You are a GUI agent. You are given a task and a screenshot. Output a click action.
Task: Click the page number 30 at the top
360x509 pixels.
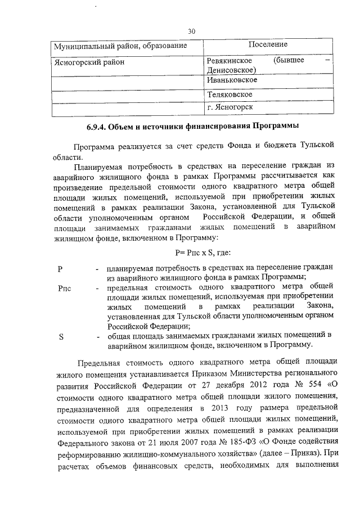(192, 32)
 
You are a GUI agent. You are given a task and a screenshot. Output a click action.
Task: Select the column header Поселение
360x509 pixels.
(268, 44)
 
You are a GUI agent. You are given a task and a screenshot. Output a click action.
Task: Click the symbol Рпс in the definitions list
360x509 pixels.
(65, 288)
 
